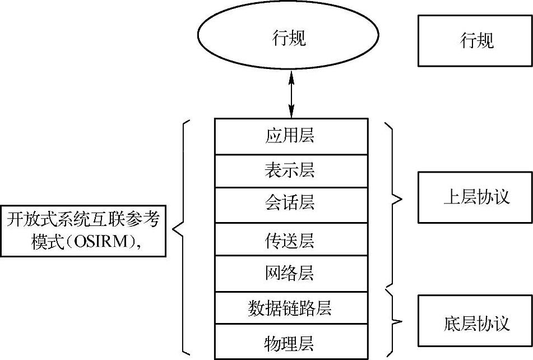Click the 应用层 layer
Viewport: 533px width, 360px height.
(291, 136)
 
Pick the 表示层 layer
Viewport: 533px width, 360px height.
(291, 170)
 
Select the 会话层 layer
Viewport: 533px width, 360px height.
(291, 203)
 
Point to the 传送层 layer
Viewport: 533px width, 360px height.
(291, 240)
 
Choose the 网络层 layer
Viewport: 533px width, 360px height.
(291, 273)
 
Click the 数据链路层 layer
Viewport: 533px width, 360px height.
(291, 307)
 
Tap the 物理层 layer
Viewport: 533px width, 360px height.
(291, 341)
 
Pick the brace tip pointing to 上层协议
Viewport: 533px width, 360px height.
(401, 197)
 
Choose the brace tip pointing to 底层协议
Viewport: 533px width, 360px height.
(401, 322)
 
